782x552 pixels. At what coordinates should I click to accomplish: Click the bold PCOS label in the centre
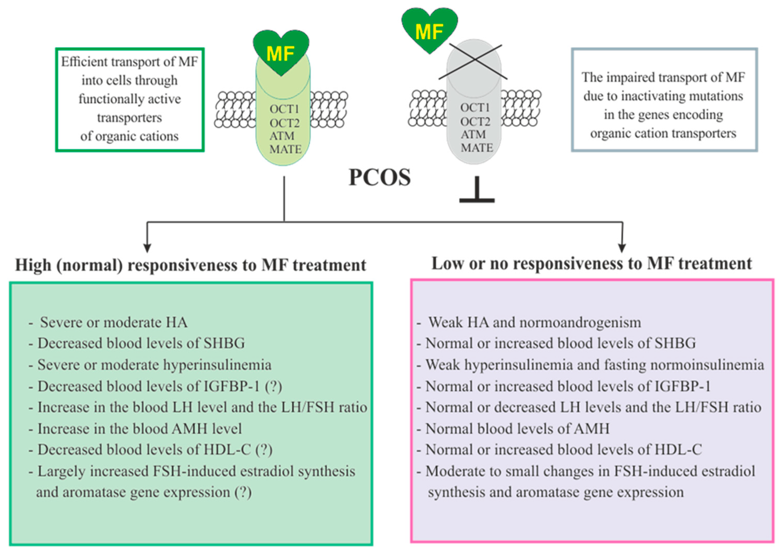379,178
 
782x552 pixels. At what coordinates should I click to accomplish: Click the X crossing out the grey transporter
473,61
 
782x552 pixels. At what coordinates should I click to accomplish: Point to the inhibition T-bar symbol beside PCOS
477,191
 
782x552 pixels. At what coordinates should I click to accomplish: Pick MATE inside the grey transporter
477,148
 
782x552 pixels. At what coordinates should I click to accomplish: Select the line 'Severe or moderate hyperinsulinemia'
154,365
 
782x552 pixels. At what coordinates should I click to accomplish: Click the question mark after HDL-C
264,450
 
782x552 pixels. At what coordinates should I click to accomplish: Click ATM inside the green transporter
282,136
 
